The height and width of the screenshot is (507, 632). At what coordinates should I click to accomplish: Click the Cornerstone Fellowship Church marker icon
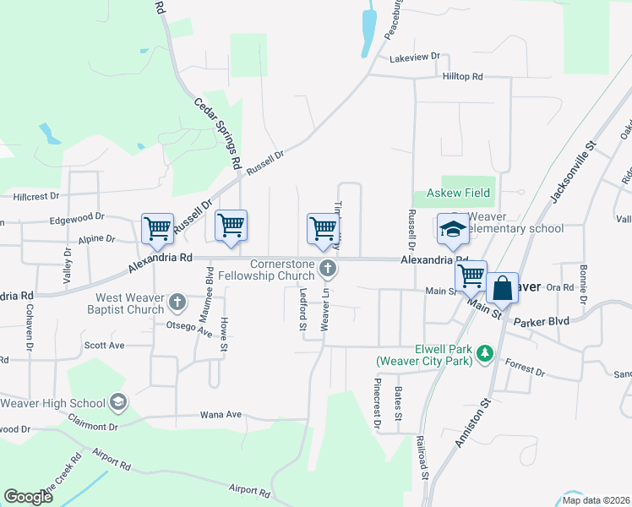click(x=330, y=269)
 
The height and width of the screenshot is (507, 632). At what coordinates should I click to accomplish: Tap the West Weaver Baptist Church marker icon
click(x=177, y=302)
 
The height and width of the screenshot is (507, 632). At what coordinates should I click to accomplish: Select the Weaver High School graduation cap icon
click(x=117, y=403)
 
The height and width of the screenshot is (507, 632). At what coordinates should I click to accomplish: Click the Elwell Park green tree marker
click(x=485, y=352)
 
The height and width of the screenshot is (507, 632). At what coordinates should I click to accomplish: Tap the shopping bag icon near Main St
click(x=502, y=288)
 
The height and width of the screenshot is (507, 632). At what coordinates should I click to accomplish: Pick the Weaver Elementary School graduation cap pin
click(x=453, y=228)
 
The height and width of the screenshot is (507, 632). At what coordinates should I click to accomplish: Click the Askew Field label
click(x=458, y=193)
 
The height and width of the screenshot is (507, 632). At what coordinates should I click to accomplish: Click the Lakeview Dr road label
click(x=416, y=57)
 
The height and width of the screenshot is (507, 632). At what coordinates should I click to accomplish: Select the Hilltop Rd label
click(x=462, y=76)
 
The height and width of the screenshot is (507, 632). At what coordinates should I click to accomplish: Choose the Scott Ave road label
click(x=104, y=345)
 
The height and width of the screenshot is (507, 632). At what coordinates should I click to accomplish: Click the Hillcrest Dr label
click(x=36, y=196)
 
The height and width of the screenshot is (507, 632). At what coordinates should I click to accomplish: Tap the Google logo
click(x=28, y=496)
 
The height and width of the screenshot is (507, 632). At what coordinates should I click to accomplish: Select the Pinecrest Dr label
click(x=378, y=402)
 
